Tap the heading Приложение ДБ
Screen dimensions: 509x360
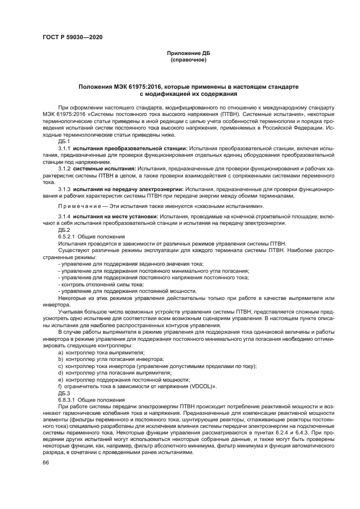coord(188,53)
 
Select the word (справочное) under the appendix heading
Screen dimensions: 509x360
coord(188,60)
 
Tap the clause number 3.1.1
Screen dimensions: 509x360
coord(65,148)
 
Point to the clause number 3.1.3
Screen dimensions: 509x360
coord(65,189)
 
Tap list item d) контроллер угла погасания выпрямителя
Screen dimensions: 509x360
coord(111,372)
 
